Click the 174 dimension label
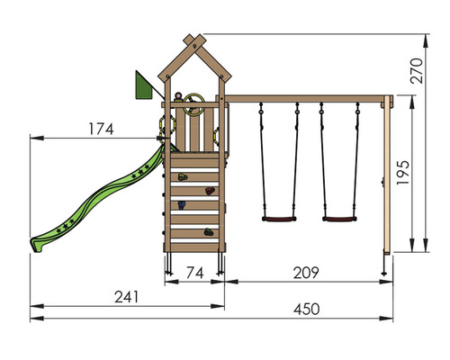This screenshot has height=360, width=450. [x=101, y=129]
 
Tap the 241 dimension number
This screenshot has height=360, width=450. [x=127, y=297]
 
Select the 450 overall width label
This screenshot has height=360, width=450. [x=306, y=310]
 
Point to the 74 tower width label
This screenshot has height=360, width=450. [x=195, y=273]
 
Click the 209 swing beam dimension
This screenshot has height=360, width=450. [x=306, y=273]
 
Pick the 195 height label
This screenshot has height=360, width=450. [x=403, y=173]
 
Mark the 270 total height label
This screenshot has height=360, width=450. [x=417, y=71]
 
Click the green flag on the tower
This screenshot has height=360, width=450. [x=143, y=85]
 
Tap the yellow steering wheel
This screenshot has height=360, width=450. [x=193, y=104]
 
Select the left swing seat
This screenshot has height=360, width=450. [x=279, y=219]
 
